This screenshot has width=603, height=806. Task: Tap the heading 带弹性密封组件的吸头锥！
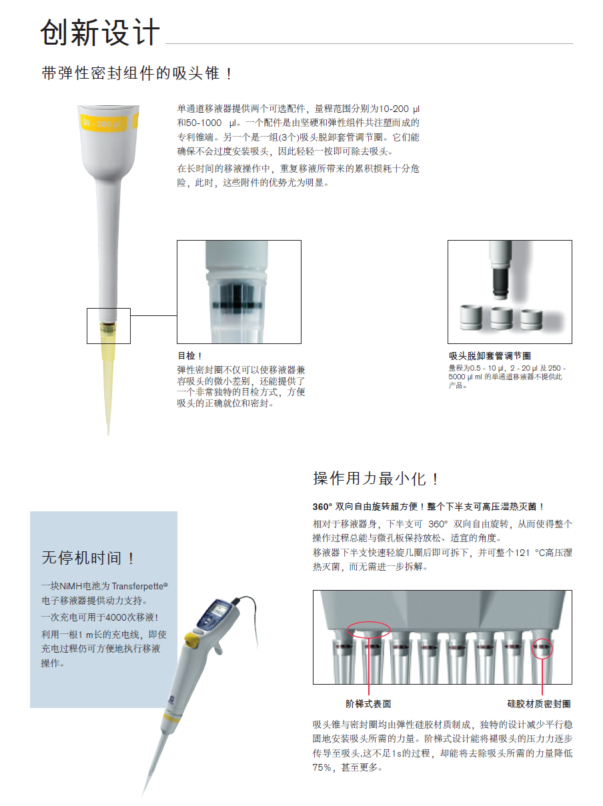tap(137, 73)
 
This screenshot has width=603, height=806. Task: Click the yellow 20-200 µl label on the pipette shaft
tap(103, 123)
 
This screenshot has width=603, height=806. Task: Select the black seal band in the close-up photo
tap(237, 305)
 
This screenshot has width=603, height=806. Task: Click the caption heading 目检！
tap(189, 356)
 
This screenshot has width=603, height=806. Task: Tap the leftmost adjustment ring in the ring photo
tap(471, 317)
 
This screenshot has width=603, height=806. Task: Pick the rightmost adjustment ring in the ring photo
tap(531, 319)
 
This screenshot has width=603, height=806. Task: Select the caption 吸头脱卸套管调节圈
tap(490, 356)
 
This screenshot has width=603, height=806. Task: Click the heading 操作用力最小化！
tap(376, 479)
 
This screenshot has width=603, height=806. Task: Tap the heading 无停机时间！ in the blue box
tap(88, 558)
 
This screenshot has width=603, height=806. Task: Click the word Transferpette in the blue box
tap(137, 586)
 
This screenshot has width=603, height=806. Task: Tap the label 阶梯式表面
tap(368, 704)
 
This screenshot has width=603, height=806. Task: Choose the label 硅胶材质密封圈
tap(539, 704)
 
